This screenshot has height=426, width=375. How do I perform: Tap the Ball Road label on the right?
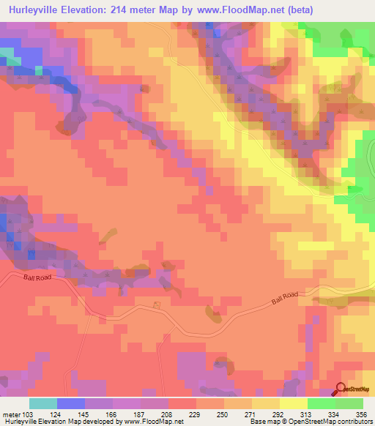285,296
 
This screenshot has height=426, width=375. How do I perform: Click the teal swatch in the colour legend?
43,403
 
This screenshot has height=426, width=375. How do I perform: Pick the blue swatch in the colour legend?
71,403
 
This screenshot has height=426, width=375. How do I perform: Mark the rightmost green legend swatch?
349,403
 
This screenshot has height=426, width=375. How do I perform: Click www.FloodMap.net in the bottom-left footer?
154,422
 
